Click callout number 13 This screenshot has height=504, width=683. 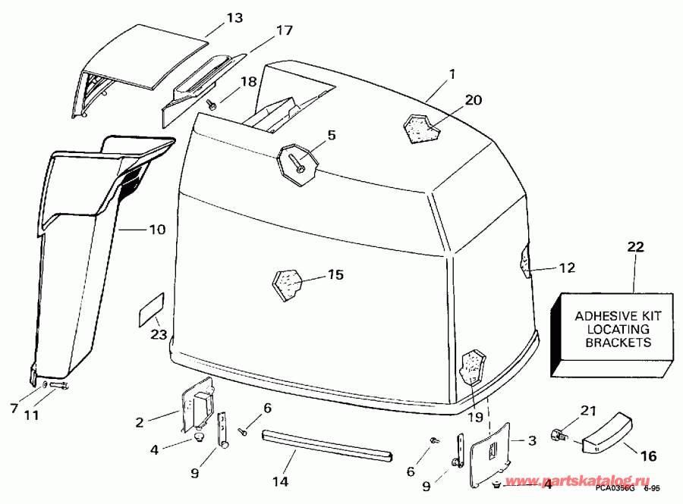point(234,17)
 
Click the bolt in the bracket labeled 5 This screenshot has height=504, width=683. point(301,161)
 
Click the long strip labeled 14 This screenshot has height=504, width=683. point(326,445)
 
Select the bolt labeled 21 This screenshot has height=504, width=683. point(562,437)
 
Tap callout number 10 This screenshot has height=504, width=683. point(156,227)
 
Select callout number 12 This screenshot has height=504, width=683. point(567,268)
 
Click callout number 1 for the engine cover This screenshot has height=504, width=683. point(452,74)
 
